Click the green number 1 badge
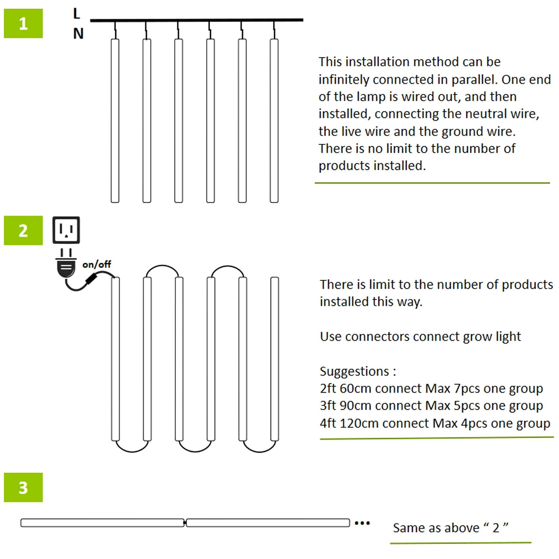click(23, 23)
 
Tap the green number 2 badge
click(23, 230)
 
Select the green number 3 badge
click(23, 487)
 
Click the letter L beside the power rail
click(76, 14)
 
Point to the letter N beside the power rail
click(78, 34)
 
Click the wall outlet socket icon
click(66, 230)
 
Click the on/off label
click(97, 264)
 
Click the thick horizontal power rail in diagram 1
click(196, 20)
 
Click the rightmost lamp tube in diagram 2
click(275, 359)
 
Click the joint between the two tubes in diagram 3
click(185, 523)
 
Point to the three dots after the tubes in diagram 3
click(362, 523)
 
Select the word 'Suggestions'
click(354, 371)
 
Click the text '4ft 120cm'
click(349, 423)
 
